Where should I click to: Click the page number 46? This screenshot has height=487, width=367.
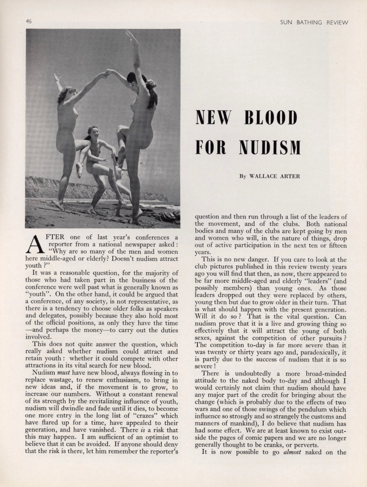(x=29, y=21)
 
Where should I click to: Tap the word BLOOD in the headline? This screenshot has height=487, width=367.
(x=271, y=118)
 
